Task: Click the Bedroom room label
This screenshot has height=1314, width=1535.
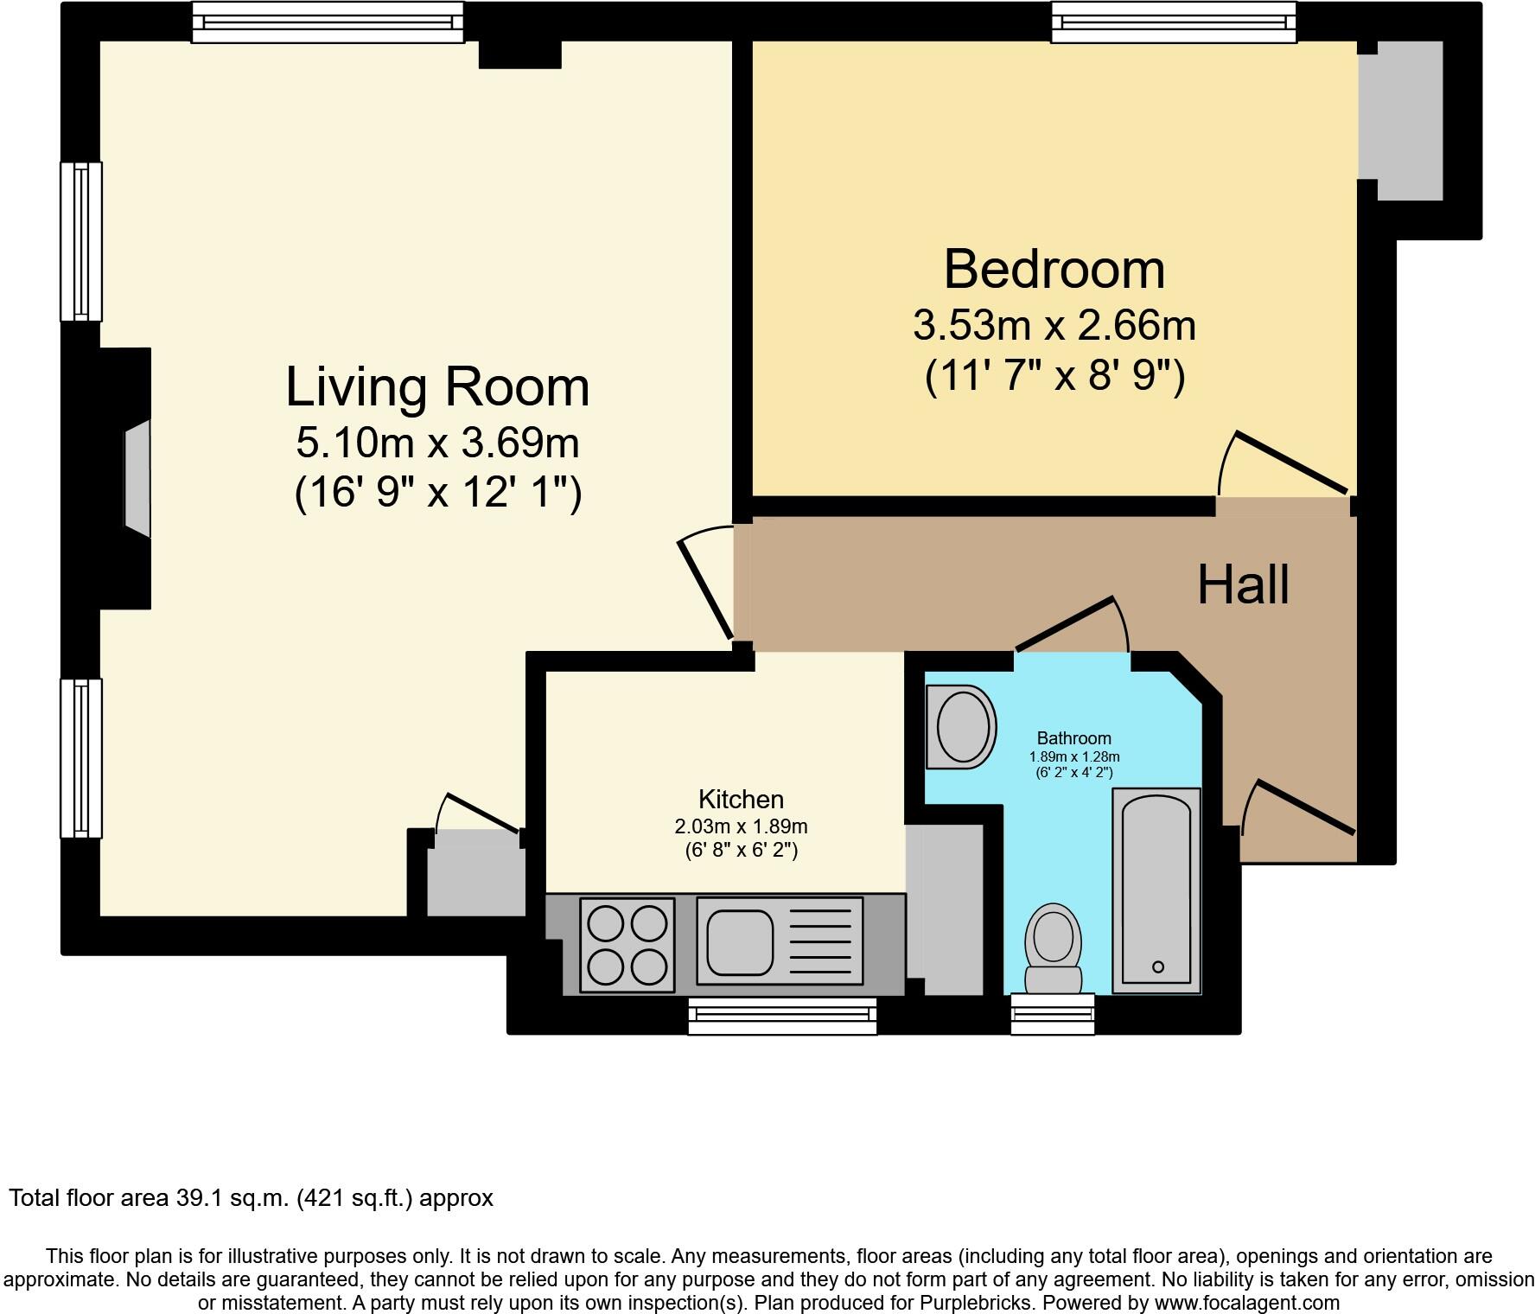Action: click(1054, 270)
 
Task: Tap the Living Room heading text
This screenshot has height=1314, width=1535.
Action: click(437, 387)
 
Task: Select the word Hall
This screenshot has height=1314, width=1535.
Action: click(1243, 585)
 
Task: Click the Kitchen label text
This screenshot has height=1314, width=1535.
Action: click(741, 800)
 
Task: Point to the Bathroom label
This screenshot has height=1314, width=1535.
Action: click(1073, 738)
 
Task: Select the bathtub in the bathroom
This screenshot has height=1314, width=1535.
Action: click(1156, 890)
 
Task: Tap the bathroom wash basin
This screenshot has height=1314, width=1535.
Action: click(961, 727)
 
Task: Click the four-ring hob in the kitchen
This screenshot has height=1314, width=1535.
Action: click(627, 945)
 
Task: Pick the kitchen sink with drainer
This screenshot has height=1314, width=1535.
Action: click(779, 941)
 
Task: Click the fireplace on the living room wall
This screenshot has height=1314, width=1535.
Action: click(137, 480)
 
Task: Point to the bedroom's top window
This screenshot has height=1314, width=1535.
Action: click(1173, 22)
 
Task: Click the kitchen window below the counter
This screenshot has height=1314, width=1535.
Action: click(782, 1015)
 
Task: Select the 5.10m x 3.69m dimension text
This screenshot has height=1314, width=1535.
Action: click(437, 444)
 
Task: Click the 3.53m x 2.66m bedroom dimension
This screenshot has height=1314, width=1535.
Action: click(1054, 327)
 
